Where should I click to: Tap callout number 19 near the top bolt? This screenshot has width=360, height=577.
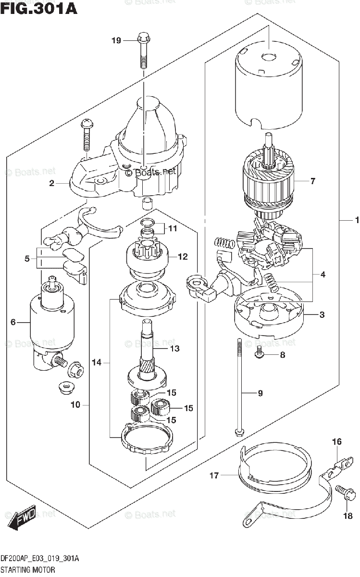point(116,41)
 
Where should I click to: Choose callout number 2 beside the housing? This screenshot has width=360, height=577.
point(51,183)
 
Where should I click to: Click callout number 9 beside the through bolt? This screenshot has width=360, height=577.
point(260,393)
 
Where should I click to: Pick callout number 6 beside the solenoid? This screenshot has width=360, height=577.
point(13,322)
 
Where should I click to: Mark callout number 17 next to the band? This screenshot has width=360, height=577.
point(214,476)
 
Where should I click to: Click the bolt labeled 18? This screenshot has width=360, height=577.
point(348,493)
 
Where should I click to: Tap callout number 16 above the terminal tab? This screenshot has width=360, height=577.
point(336,441)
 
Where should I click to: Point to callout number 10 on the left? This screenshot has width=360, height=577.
point(75,404)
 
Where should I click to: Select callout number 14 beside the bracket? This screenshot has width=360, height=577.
point(97,363)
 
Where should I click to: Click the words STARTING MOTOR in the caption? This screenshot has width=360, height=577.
point(27,569)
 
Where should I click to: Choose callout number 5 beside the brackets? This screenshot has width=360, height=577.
point(27,259)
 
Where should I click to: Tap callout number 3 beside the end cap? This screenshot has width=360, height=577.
point(322,315)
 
